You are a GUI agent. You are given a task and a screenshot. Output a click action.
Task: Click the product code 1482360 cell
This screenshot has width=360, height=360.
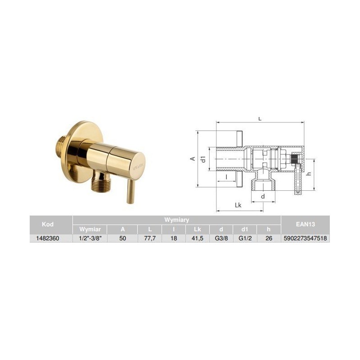coord(48,238)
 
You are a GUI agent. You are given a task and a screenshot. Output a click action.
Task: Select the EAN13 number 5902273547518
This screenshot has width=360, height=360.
coord(305,238)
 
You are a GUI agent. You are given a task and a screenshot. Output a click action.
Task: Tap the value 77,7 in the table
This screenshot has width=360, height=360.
coord(150,238)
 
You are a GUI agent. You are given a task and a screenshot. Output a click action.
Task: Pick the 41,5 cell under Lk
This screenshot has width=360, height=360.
coord(198,238)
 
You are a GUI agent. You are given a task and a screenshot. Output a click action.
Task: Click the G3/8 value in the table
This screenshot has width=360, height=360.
coord(221,238)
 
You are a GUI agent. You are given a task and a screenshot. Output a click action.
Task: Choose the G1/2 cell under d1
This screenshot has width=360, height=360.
coord(245,238)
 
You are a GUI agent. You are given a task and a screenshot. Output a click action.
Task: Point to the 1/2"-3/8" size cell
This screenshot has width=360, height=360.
coord(90,238)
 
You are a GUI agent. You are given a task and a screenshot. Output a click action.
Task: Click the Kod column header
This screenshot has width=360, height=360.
coord(48,224)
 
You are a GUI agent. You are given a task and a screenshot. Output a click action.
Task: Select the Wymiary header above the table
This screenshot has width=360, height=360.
coord(176,220)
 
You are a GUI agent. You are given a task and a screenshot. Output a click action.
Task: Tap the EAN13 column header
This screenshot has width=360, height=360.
coord(305,224)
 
